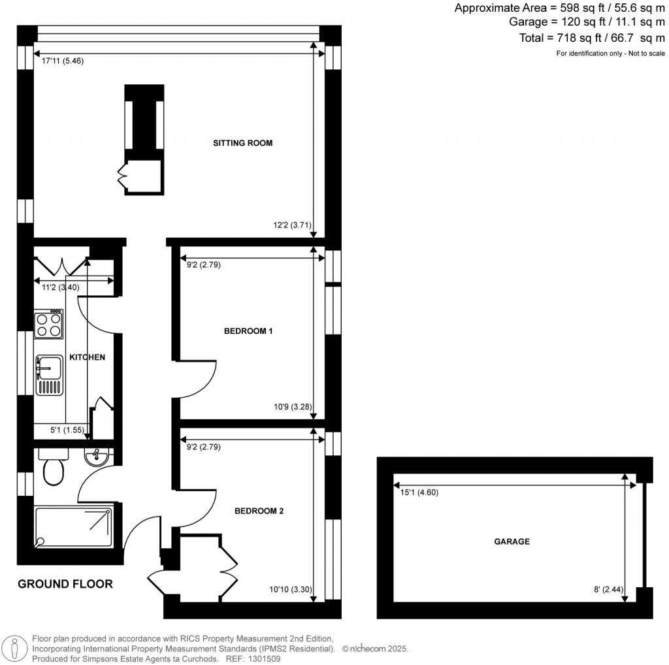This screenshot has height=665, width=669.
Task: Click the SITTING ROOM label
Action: (242, 143)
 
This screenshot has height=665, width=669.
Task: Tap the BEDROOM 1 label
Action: (248, 331)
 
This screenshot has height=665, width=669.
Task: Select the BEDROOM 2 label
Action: (259, 511)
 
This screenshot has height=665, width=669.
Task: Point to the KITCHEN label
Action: (87, 357)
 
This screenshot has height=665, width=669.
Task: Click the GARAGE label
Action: (512, 542)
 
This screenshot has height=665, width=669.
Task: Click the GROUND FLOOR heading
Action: (65, 584)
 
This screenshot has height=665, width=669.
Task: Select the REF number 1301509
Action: (265, 659)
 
